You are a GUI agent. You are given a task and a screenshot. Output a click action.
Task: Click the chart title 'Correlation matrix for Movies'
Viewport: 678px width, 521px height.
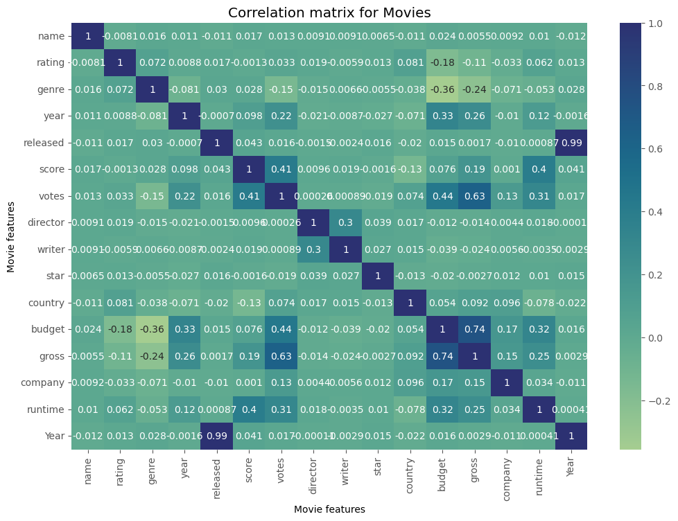[x=329, y=12]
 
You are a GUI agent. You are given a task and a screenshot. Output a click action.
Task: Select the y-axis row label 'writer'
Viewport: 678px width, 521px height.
[x=51, y=249]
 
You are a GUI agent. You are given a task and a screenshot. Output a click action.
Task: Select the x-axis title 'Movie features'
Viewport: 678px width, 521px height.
[x=329, y=509]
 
